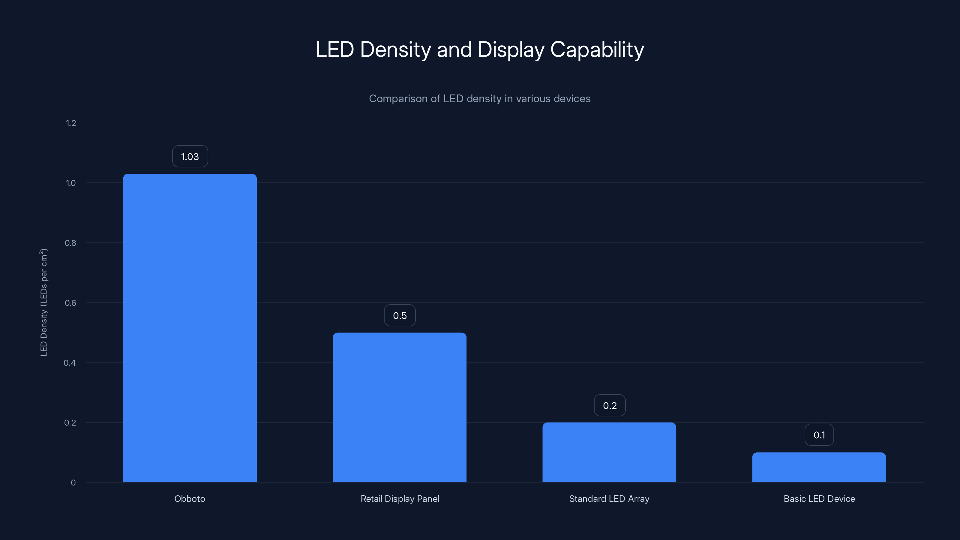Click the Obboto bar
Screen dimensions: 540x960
(190, 328)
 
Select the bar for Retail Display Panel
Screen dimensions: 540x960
(400, 407)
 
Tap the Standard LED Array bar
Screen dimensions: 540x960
(609, 452)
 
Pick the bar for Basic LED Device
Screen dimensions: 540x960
(819, 467)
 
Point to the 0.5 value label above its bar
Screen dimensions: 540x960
(400, 316)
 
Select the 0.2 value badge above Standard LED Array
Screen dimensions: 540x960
(610, 406)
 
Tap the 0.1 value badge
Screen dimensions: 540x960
(819, 435)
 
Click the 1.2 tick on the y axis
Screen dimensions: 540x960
(71, 123)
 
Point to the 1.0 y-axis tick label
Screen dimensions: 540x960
(70, 183)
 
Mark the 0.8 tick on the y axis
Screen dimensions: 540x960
(70, 243)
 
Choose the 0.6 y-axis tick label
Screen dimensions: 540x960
(70, 303)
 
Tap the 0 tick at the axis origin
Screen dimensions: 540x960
(73, 483)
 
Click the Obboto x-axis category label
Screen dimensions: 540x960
(190, 499)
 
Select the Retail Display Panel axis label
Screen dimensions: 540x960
(400, 499)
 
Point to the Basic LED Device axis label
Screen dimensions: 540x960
(819, 499)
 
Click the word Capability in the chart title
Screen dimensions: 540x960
(597, 49)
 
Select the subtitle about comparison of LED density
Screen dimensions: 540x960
(480, 99)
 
